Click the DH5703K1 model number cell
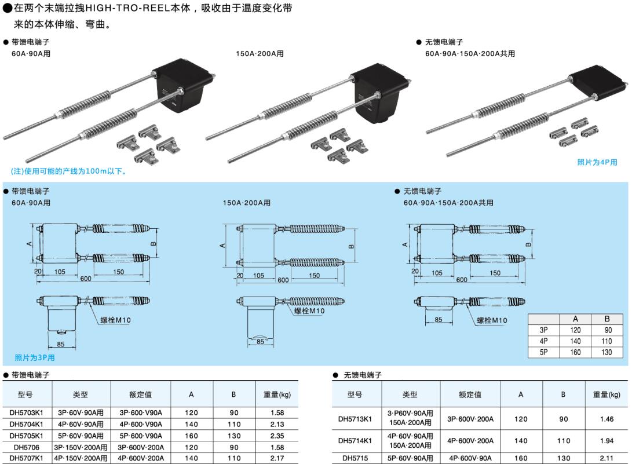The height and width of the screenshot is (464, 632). tap(27, 412)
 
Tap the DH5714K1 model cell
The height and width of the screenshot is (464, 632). tap(356, 441)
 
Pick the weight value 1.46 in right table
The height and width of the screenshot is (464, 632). tap(607, 418)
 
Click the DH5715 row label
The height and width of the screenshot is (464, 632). tap(356, 458)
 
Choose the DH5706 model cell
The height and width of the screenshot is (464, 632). tap(27, 447)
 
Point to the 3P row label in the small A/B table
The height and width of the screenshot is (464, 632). tap(544, 330)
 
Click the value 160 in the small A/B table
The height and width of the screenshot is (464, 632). tap(575, 352)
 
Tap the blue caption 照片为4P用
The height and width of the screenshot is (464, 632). tap(597, 162)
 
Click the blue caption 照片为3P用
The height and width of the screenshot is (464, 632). tap(35, 357)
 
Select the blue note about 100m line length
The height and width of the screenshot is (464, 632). tap(69, 171)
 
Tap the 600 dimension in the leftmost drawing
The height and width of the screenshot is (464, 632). tap(86, 279)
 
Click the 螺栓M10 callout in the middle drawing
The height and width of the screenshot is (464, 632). tap(309, 311)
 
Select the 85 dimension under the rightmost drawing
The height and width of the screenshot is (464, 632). tap(438, 319)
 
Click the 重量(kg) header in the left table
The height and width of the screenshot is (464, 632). tap(277, 394)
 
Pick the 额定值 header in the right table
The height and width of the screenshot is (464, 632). tap(470, 394)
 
